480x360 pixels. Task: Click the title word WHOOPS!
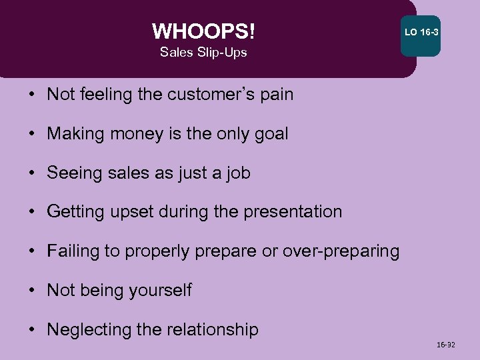pyautogui.click(x=203, y=31)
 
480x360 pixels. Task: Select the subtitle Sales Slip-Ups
pyautogui.click(x=203, y=53)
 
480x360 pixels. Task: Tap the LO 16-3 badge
pyautogui.click(x=421, y=33)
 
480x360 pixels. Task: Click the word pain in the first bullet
pyautogui.click(x=276, y=95)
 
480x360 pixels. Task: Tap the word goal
pyautogui.click(x=269, y=134)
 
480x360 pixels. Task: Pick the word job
pyautogui.click(x=237, y=173)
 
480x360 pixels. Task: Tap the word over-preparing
pyautogui.click(x=341, y=251)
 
